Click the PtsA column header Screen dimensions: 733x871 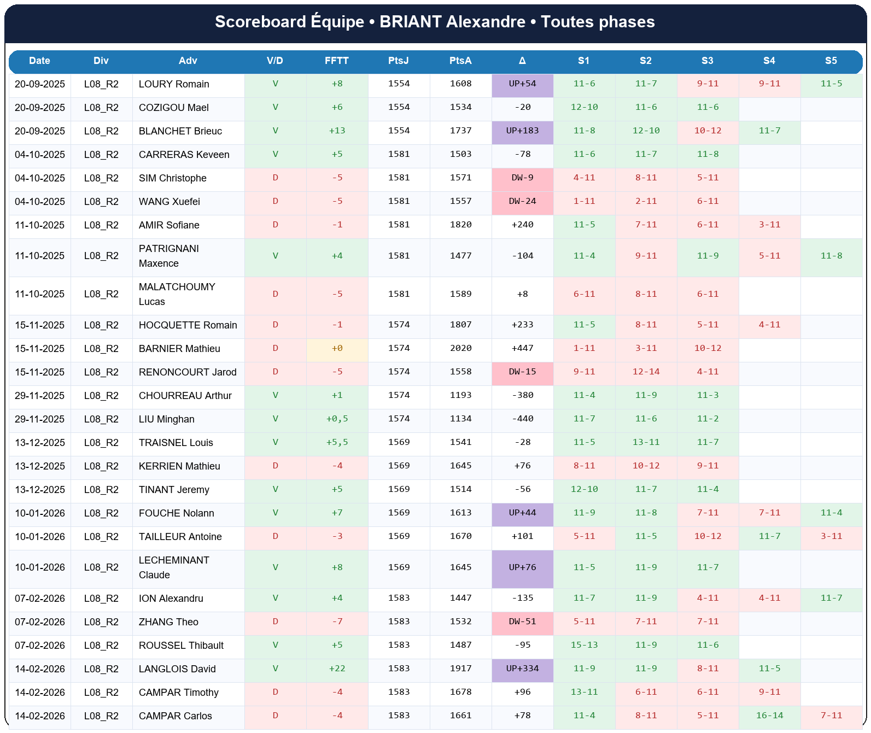(460, 61)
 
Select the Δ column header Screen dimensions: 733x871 (522, 61)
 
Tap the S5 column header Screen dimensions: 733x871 (831, 61)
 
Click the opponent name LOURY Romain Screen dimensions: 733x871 (174, 84)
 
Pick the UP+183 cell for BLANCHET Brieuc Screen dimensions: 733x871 (522, 131)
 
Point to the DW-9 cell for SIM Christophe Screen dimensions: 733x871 (522, 178)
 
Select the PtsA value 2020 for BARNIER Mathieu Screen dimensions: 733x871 (460, 349)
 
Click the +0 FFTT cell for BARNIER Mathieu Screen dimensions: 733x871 (337, 349)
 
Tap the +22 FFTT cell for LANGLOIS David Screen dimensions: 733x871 (337, 669)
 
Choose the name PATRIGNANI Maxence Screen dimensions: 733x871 (169, 256)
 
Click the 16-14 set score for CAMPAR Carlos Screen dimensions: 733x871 (769, 716)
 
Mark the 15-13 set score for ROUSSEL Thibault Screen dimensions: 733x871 (584, 646)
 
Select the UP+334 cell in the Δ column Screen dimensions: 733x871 (522, 669)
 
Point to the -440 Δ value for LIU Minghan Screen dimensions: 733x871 (522, 419)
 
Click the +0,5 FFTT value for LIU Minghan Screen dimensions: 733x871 (337, 419)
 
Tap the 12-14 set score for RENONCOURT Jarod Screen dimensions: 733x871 (646, 372)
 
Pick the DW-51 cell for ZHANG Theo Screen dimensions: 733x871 (522, 622)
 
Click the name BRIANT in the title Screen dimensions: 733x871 (411, 22)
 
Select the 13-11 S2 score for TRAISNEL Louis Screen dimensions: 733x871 (646, 443)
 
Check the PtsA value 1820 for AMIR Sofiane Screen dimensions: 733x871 (460, 225)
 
